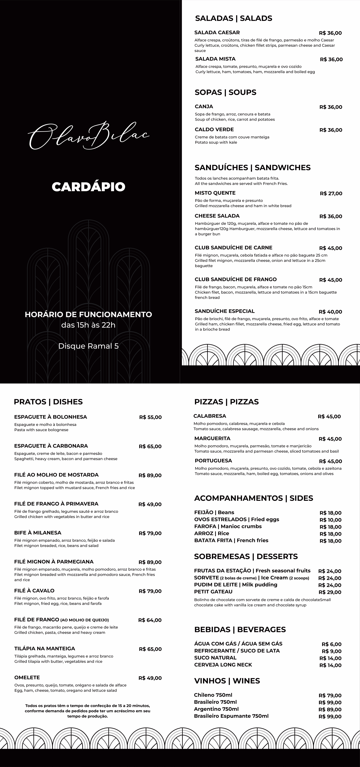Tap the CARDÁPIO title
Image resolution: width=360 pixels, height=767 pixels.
pos(88,187)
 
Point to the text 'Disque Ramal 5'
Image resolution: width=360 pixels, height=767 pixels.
pos(88,346)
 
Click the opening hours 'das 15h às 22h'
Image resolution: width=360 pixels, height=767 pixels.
pos(88,325)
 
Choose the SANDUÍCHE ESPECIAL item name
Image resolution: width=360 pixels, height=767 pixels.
pos(225,311)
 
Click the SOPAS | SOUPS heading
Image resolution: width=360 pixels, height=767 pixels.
pos(225,92)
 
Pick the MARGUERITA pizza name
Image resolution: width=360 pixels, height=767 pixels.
pos(212,438)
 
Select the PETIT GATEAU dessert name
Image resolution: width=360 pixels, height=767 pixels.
pos(213,592)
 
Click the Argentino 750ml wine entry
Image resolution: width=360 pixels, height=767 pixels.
pos(216,709)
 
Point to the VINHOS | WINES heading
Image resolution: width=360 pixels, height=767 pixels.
pos(227,681)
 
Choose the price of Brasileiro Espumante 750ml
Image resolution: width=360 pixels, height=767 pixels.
pos(330,716)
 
